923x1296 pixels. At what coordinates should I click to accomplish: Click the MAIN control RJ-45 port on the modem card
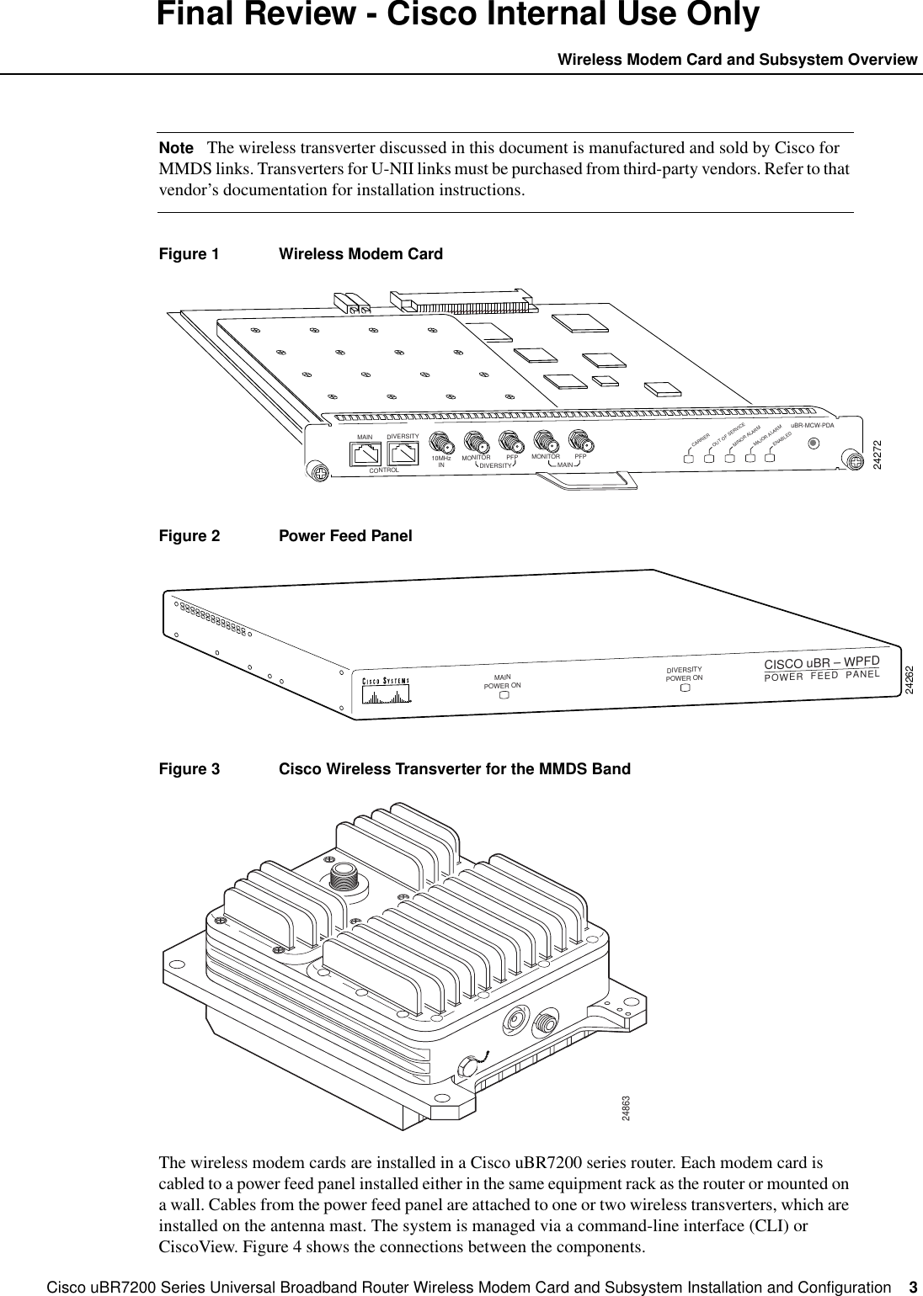pos(365,454)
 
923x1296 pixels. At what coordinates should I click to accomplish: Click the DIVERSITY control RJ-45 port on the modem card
pos(403,453)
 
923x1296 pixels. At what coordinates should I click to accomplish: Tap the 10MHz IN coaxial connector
pos(440,444)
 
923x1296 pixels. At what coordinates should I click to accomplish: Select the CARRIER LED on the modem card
pos(688,459)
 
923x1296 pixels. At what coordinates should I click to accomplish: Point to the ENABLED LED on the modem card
pos(770,459)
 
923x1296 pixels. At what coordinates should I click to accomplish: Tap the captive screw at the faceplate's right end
pos(851,460)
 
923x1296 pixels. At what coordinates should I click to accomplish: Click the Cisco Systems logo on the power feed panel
pos(386,689)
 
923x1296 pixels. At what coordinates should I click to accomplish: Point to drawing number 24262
pos(909,679)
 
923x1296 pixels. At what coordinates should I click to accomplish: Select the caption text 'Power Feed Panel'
pos(345,536)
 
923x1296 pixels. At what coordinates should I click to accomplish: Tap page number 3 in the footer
pos(913,1288)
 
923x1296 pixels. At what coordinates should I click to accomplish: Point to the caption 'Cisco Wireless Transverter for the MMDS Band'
pos(454,769)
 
